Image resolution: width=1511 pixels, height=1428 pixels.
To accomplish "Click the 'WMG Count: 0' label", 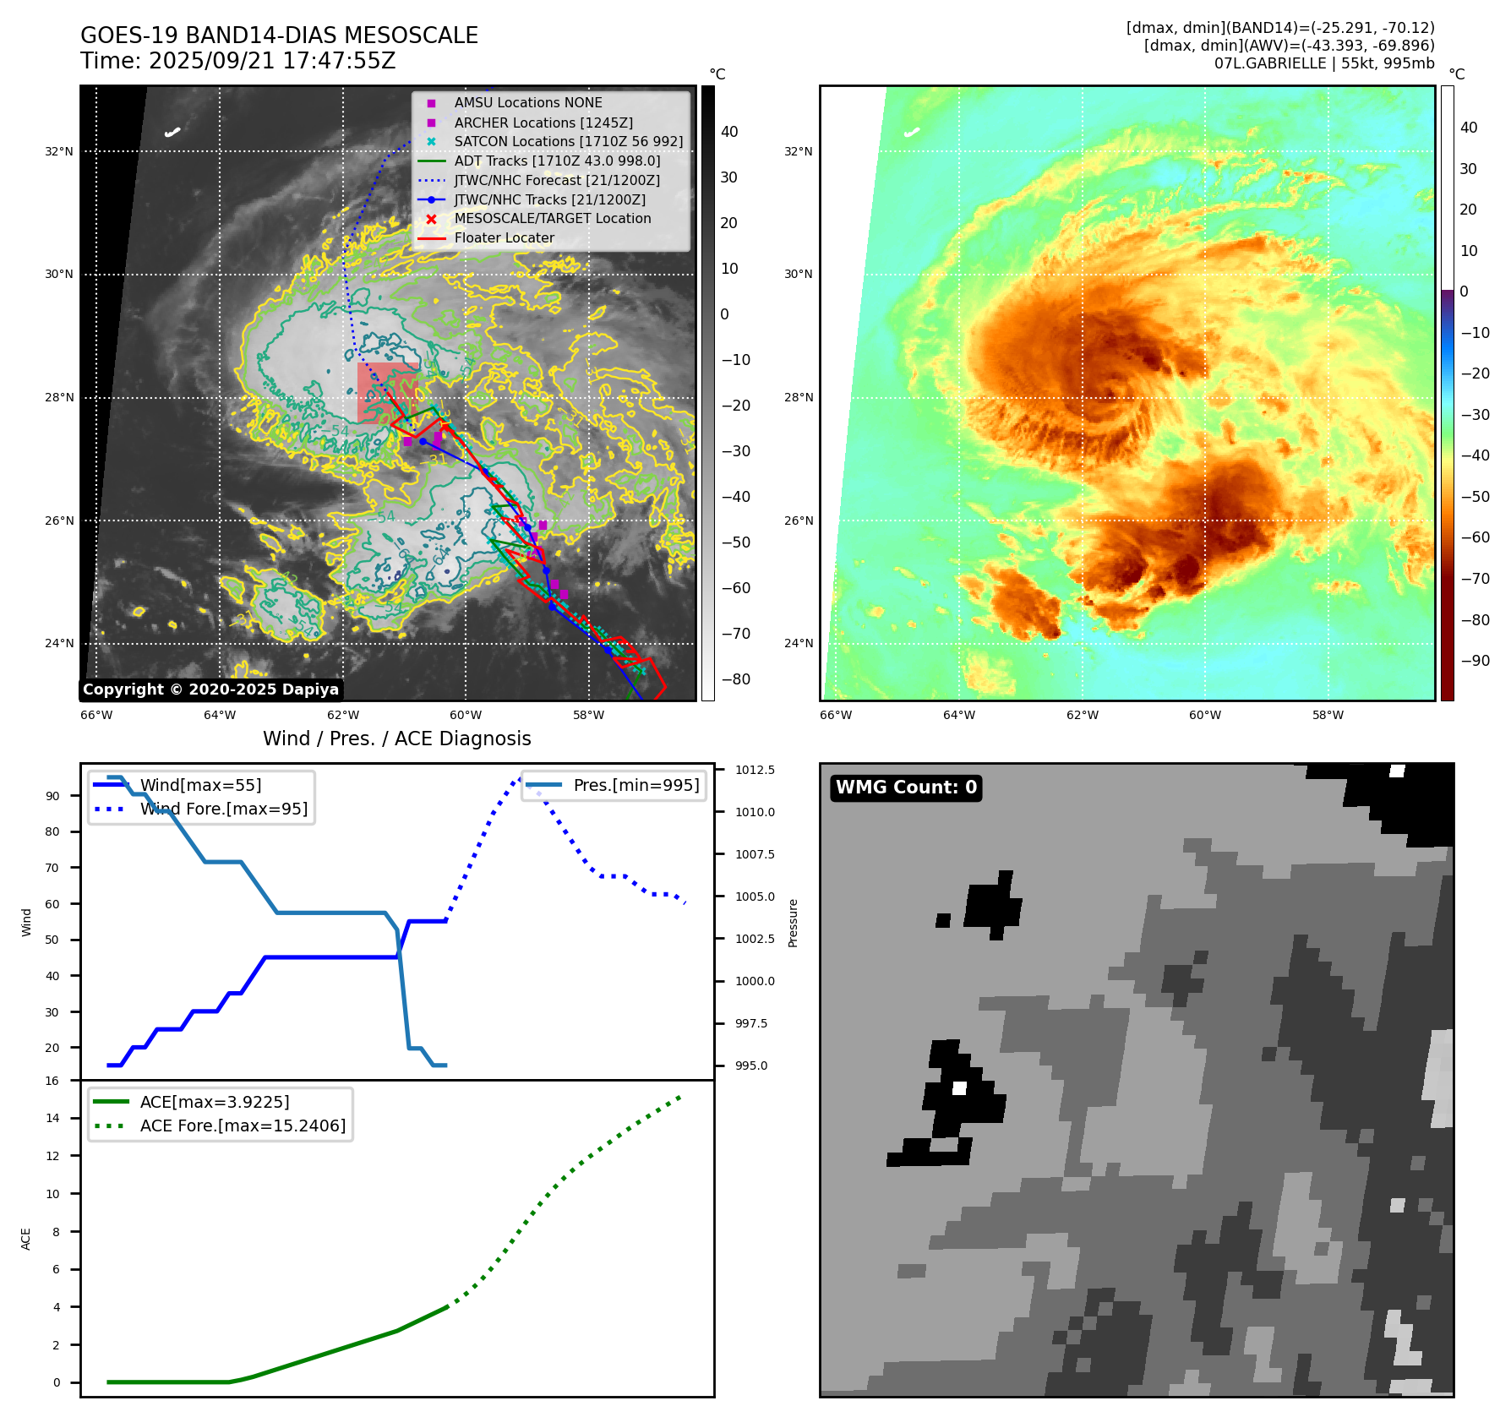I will [x=906, y=788].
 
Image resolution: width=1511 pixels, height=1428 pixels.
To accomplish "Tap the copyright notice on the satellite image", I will [x=210, y=689].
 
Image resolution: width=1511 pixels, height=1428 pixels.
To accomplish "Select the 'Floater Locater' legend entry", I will [x=504, y=238].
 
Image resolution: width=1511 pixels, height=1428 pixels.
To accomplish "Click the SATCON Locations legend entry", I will [x=568, y=142].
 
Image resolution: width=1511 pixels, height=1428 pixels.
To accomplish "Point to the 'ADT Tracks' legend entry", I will [x=557, y=161].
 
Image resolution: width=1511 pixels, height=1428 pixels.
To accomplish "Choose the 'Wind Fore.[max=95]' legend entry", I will [x=224, y=809].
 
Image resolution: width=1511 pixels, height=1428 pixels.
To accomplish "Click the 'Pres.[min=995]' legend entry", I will [x=635, y=785].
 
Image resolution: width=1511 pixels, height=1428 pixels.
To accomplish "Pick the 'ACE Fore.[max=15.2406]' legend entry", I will [x=243, y=1126].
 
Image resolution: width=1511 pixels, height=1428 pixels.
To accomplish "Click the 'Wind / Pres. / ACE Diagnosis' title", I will [x=397, y=739].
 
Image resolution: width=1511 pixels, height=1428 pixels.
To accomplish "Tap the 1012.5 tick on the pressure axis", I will [x=755, y=770].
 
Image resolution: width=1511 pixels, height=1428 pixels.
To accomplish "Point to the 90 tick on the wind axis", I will [x=53, y=796].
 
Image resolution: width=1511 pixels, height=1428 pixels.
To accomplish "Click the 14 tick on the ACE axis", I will [x=53, y=1118].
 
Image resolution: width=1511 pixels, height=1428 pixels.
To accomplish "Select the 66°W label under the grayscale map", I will [x=96, y=715].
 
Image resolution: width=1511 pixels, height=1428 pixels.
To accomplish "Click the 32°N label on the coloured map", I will [x=798, y=152].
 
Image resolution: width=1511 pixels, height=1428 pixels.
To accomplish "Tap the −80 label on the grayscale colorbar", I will [x=735, y=679].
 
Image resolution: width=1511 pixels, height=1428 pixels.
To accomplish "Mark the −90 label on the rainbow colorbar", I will [x=1475, y=661].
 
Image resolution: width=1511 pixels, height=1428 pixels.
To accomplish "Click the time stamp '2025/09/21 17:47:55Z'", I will [x=272, y=62].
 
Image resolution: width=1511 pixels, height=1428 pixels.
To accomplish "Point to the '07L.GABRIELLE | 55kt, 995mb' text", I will [x=1324, y=63].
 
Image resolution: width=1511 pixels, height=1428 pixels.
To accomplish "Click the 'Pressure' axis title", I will [x=793, y=923].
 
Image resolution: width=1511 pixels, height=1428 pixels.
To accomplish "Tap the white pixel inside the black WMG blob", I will [x=959, y=1088].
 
